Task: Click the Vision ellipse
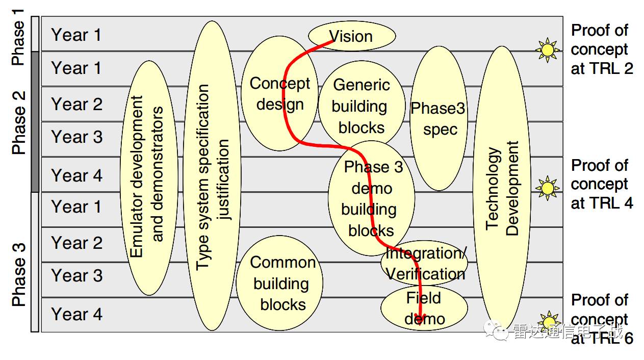point(352,36)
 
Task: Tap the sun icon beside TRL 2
point(547,49)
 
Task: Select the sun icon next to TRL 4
point(547,188)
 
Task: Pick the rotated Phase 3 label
point(18,275)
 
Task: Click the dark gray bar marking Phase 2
point(35,121)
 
